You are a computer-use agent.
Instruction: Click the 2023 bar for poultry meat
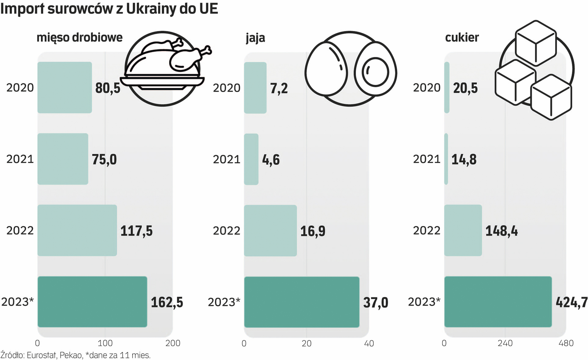click(92, 302)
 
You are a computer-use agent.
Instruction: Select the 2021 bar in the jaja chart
click(251, 159)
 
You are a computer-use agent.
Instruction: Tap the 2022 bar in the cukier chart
click(463, 230)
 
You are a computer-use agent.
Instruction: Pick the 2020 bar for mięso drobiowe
click(65, 87)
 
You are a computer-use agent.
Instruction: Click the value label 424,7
click(571, 302)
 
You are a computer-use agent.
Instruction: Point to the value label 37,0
click(375, 303)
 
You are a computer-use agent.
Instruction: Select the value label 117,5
click(136, 231)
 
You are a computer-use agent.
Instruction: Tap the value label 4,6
click(271, 160)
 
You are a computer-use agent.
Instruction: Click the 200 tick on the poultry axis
click(173, 343)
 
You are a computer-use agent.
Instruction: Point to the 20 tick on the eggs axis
click(306, 343)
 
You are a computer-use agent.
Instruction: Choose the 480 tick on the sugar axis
click(566, 343)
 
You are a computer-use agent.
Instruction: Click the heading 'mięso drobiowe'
click(79, 37)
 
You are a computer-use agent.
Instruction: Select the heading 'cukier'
click(462, 37)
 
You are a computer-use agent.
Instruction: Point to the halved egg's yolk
click(375, 72)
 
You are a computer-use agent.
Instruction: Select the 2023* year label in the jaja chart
click(224, 302)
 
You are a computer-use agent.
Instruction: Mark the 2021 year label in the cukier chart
click(426, 159)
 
